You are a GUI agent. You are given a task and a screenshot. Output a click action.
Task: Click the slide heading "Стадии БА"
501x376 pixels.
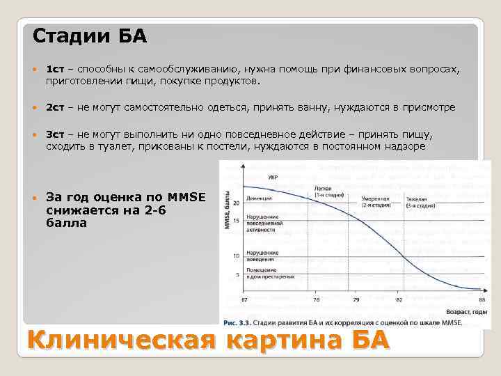pyautogui.click(x=90, y=36)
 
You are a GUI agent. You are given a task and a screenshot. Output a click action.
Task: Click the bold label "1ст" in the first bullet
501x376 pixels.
pyautogui.click(x=55, y=70)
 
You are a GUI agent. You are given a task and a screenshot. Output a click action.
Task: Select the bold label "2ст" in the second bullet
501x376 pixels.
pyautogui.click(x=55, y=108)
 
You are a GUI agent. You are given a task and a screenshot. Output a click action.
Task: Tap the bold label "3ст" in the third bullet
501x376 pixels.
pyautogui.click(x=55, y=134)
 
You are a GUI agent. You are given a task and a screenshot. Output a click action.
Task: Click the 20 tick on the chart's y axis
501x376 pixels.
pyautogui.click(x=237, y=203)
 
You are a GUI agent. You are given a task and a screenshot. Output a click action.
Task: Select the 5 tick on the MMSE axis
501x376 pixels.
pyautogui.click(x=237, y=275)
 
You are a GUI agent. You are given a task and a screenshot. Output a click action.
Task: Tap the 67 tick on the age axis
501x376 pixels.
pyautogui.click(x=244, y=300)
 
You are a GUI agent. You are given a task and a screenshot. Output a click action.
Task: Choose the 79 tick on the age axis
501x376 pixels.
pyautogui.click(x=356, y=300)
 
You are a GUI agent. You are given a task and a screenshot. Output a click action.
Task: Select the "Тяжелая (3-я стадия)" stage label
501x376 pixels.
pyautogui.click(x=420, y=203)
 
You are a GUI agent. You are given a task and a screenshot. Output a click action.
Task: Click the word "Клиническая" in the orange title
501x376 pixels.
pyautogui.click(x=119, y=343)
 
